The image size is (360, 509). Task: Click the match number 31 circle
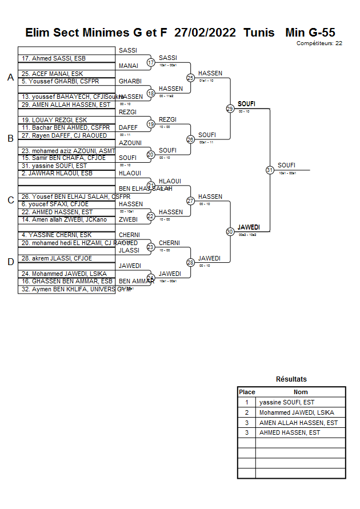(269, 170)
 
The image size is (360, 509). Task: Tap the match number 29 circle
(230, 109)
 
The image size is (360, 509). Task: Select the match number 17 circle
(151, 62)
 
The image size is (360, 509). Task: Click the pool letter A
(10, 78)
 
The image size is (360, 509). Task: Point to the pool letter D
(10, 262)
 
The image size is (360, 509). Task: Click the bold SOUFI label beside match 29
(246, 104)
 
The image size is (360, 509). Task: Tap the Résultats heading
(291, 379)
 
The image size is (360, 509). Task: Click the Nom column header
(301, 392)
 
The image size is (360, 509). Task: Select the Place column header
(247, 392)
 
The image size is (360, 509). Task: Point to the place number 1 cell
(247, 402)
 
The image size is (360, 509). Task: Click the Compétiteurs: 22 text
(319, 43)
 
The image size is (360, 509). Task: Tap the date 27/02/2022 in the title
(205, 33)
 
